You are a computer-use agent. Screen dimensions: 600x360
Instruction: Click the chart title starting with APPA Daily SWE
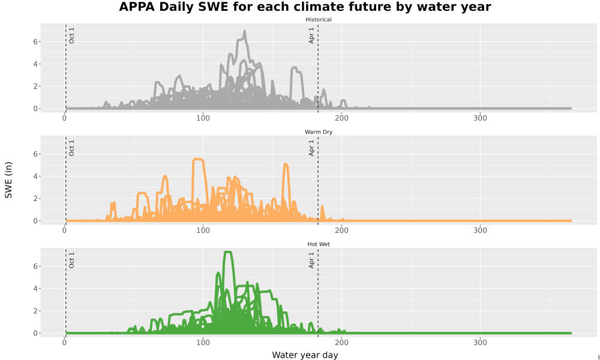(x=305, y=7)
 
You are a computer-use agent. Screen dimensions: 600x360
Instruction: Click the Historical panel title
(x=319, y=20)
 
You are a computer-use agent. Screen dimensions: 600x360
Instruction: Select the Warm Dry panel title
(x=319, y=132)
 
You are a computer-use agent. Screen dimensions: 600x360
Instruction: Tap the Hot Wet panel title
(x=319, y=244)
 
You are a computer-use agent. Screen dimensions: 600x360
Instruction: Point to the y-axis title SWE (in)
(x=8, y=180)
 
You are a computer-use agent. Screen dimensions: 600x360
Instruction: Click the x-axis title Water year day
(x=305, y=355)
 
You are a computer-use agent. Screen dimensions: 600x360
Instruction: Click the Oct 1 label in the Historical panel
(x=71, y=35)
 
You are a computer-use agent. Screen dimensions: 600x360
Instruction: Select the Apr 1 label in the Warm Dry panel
(x=311, y=148)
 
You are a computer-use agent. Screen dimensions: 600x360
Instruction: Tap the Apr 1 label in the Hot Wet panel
(x=311, y=260)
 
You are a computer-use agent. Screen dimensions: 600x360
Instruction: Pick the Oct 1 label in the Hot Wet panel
(x=71, y=260)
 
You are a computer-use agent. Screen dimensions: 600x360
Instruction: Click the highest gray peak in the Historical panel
(x=245, y=31)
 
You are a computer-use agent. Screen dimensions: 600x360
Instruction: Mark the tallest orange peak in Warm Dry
(x=198, y=159)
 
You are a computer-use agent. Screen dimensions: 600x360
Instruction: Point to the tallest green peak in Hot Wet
(x=227, y=252)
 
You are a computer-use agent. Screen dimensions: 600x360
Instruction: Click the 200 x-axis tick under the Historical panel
(x=342, y=118)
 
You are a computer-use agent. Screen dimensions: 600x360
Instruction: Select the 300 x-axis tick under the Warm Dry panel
(x=480, y=230)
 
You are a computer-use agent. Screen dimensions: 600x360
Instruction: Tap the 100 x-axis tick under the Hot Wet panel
(x=203, y=343)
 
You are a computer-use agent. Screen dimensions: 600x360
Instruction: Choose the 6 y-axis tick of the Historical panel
(x=35, y=42)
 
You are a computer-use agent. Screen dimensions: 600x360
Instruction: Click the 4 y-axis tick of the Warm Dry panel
(x=35, y=176)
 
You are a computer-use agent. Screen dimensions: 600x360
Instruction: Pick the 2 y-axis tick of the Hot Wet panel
(x=35, y=311)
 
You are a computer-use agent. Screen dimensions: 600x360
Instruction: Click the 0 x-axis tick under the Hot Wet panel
(x=64, y=343)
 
